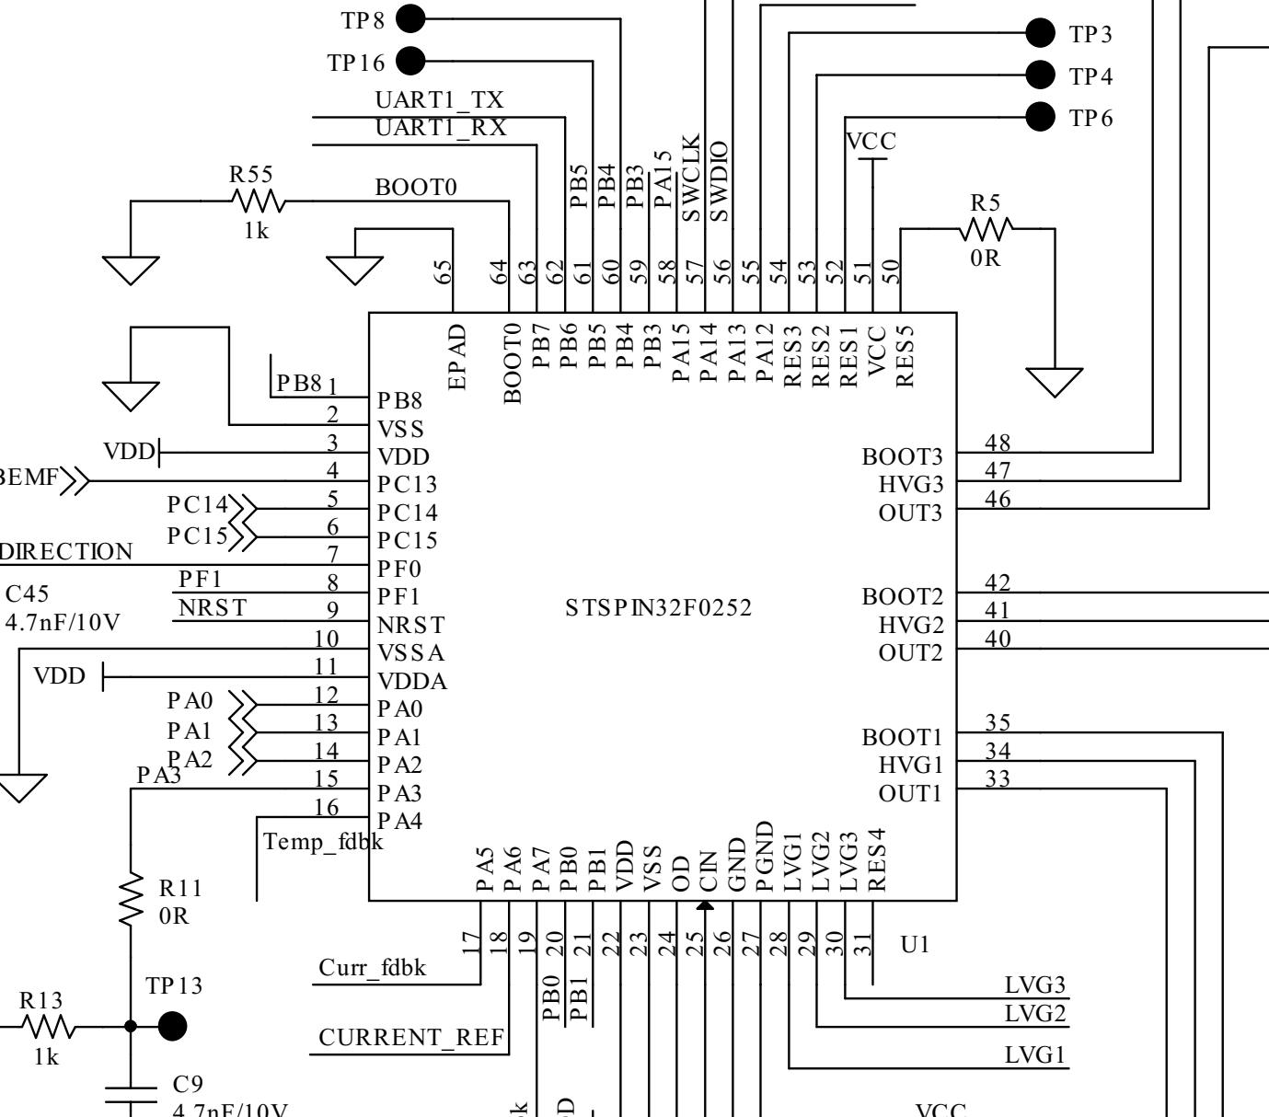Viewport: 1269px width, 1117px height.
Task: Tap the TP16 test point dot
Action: coord(410,62)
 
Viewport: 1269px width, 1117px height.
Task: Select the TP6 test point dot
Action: coord(1040,117)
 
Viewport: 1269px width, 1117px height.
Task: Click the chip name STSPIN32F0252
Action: coord(659,608)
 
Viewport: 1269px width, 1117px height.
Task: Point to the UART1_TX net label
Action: coord(439,100)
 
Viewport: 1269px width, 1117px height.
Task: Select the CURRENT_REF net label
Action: coord(411,1038)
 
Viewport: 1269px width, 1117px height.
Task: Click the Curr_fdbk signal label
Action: coord(372,968)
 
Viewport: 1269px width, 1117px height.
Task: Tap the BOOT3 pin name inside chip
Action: coord(902,456)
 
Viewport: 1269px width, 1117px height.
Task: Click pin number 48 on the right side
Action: coord(998,442)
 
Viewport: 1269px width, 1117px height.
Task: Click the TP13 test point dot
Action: coord(172,1025)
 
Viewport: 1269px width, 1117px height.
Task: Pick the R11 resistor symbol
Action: coord(132,900)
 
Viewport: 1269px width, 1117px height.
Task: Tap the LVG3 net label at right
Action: coord(1035,985)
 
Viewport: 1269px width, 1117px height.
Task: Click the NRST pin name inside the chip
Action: coord(410,625)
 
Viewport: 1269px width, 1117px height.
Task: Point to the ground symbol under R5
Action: coord(1055,381)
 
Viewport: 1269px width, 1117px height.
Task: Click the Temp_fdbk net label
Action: coord(322,840)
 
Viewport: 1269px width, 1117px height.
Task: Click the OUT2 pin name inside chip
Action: coord(910,653)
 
